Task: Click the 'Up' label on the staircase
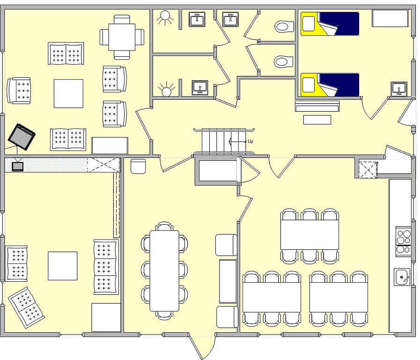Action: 250,142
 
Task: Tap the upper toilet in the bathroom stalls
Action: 284,27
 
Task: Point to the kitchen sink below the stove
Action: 402,277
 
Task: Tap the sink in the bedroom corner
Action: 399,89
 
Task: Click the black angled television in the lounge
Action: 22,136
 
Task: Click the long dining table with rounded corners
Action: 164,270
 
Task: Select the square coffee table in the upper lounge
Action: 68,93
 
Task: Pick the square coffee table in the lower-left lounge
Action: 63,266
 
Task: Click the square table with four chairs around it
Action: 122,37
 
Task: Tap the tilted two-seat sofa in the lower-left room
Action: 26,307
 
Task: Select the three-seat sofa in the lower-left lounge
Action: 106,267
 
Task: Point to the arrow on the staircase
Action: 237,141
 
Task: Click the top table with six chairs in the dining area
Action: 309,235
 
